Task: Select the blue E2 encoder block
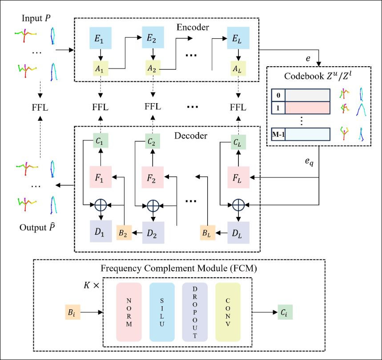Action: click(x=153, y=37)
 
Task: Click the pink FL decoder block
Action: click(x=238, y=177)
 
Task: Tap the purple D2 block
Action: click(x=153, y=231)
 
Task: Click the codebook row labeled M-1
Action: click(x=307, y=134)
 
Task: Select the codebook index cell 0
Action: click(x=278, y=96)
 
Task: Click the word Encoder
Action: click(x=193, y=28)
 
